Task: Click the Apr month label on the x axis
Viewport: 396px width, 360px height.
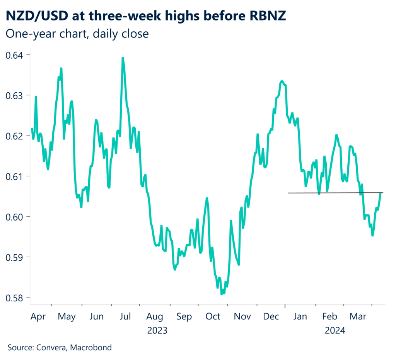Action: [x=38, y=317]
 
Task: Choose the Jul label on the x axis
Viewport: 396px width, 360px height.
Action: [x=125, y=317]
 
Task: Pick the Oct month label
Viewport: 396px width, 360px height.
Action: [x=213, y=317]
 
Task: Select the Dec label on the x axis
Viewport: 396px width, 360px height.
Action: [x=271, y=317]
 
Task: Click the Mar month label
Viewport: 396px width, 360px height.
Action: [x=358, y=317]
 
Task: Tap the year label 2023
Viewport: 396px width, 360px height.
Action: [x=157, y=331]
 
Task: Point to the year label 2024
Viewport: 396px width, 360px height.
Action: [x=335, y=331]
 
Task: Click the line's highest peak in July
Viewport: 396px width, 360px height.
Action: [x=123, y=58]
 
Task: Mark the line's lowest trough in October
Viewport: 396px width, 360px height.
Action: [x=222, y=294]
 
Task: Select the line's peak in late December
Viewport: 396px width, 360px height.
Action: [x=282, y=81]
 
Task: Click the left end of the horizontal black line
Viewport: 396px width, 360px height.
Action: [x=288, y=193]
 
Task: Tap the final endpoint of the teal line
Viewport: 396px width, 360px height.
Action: [x=381, y=193]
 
